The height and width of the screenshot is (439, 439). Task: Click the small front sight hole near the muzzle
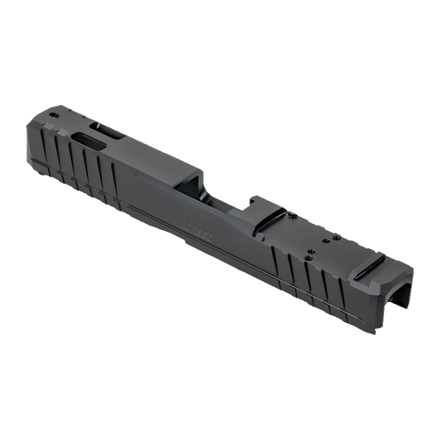(x=54, y=114)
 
